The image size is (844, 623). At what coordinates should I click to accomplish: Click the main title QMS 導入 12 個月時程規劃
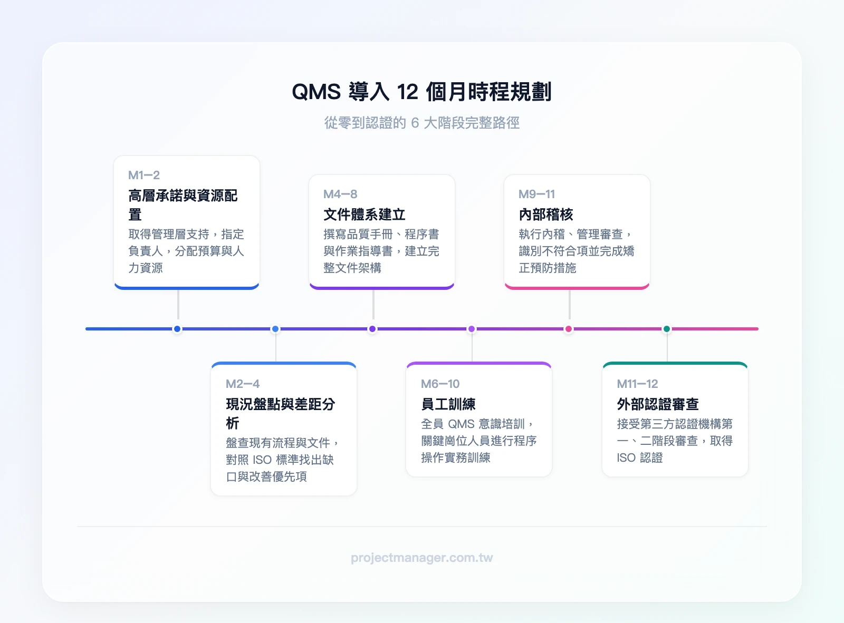(421, 92)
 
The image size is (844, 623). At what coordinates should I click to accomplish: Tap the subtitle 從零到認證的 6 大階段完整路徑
(421, 123)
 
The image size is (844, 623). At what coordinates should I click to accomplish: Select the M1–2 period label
(144, 175)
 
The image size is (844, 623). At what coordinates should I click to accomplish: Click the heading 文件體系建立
(364, 215)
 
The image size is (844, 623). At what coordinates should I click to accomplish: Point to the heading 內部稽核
(545, 215)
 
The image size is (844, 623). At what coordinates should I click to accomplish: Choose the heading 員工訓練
(448, 404)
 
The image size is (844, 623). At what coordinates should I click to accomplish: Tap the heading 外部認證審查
(657, 404)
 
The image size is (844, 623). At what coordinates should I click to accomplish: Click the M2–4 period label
(242, 384)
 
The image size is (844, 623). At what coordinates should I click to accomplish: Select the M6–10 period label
(440, 384)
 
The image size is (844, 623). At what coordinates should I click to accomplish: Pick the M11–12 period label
(637, 384)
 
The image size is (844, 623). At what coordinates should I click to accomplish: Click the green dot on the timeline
(667, 329)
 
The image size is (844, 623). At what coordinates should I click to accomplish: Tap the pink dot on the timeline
(569, 329)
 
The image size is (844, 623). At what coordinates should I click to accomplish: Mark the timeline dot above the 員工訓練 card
(472, 329)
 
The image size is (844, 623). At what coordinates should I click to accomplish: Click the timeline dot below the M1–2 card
(177, 329)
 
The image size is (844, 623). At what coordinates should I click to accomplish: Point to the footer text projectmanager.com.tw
(421, 558)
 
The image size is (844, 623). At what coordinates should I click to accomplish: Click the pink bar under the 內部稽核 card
(577, 287)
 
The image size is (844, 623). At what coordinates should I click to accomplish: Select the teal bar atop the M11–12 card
(675, 364)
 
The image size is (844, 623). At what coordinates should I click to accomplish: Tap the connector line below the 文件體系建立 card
(373, 304)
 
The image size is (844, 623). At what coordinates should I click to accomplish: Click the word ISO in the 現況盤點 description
(262, 460)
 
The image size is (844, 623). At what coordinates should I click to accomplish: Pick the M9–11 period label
(536, 194)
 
